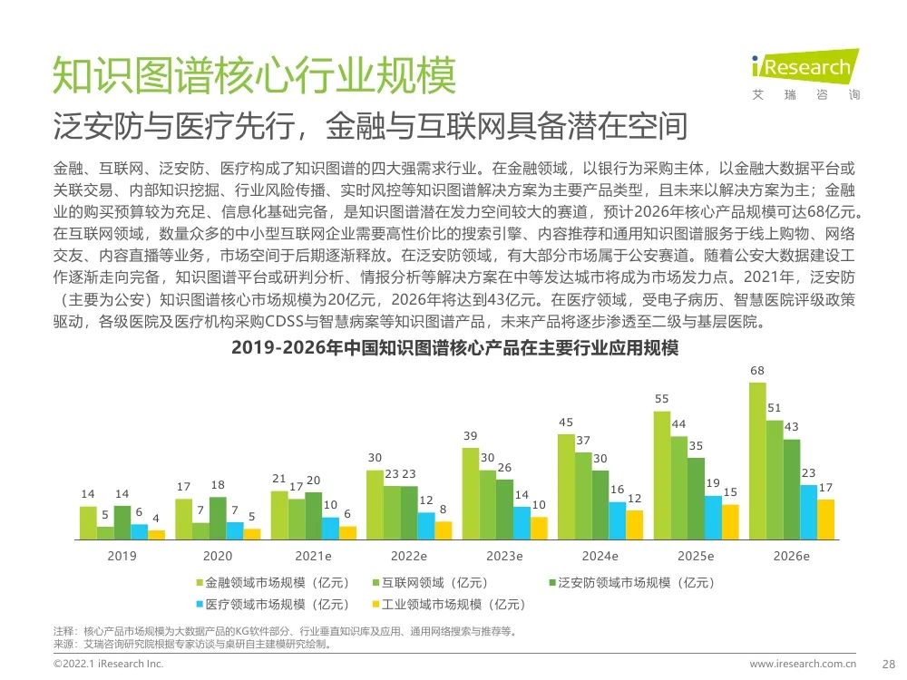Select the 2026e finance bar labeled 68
click(756, 461)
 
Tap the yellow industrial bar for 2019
click(157, 535)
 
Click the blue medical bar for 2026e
click(808, 512)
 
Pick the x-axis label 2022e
click(408, 556)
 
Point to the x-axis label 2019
click(122, 556)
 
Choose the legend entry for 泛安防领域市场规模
click(622, 581)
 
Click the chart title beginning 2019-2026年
click(455, 347)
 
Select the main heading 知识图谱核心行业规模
click(254, 76)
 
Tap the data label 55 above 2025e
click(661, 399)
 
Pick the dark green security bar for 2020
click(218, 519)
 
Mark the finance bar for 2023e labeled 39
click(470, 494)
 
